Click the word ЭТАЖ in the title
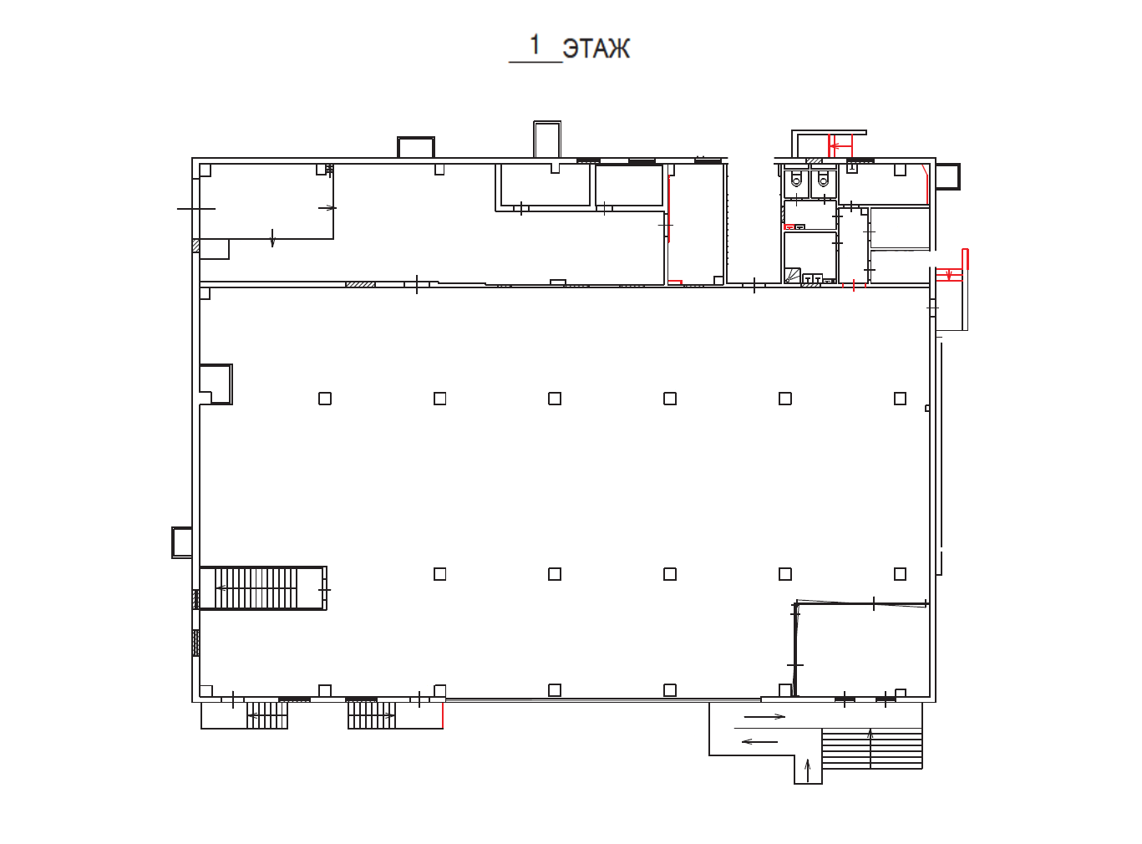click(596, 49)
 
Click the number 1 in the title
click(535, 45)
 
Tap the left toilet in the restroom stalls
click(796, 179)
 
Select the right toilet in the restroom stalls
click(823, 179)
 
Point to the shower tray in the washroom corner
click(793, 276)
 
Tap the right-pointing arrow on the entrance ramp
click(764, 716)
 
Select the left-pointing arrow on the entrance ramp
click(759, 742)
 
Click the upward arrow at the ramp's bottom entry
click(807, 771)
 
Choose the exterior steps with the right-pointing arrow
click(372, 715)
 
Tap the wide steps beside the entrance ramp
click(871, 748)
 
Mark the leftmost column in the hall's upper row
click(325, 399)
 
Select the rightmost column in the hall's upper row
click(900, 399)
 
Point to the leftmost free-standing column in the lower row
click(439, 574)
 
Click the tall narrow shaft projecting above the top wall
click(547, 140)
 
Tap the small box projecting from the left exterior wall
click(182, 542)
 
